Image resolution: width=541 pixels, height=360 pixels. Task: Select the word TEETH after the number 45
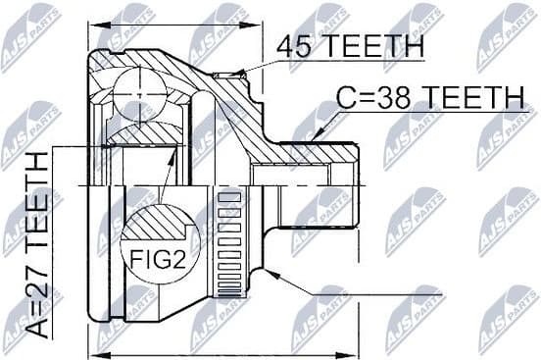[370, 46]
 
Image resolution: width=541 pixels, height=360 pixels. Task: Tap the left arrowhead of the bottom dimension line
[104, 354]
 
